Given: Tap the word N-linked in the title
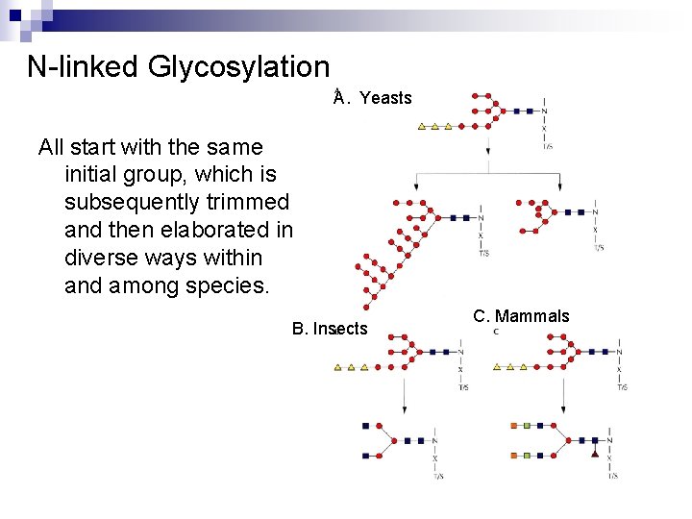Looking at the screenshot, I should click(85, 67).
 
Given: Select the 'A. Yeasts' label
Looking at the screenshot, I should click(373, 97).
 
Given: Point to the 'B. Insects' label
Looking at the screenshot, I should click(330, 329).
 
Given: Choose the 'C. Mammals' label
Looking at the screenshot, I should click(521, 316).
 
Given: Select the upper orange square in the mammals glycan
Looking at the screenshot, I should click(514, 425).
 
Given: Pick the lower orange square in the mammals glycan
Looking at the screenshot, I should click(514, 455).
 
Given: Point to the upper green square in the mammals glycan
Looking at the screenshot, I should click(526, 425).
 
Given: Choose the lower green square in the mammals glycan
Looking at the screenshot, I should click(526, 455).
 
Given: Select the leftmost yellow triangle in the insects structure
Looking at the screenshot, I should click(338, 366).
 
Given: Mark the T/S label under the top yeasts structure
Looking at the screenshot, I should click(548, 147).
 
